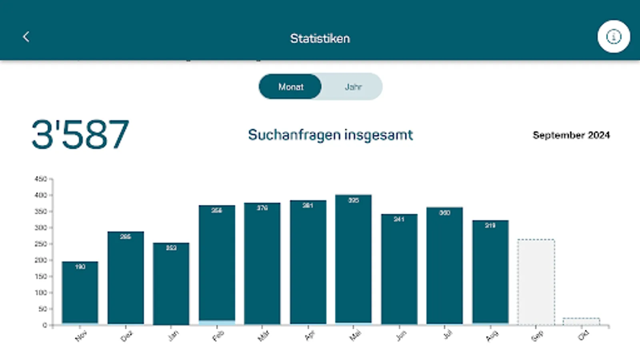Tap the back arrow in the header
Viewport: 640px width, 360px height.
coord(26,37)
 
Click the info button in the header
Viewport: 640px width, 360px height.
coord(614,37)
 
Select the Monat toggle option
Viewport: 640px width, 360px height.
coord(291,87)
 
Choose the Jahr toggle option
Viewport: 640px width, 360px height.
coord(353,87)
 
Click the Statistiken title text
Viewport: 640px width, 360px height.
coord(320,38)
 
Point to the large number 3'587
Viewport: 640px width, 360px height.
coord(80,135)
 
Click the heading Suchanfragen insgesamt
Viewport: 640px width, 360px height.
coord(330,135)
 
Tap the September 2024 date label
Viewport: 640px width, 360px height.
coord(571,135)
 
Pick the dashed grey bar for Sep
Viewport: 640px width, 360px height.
coord(536,282)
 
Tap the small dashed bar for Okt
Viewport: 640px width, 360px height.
coord(581,321)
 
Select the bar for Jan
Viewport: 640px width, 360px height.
coord(171,284)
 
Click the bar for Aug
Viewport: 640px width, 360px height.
coord(490,272)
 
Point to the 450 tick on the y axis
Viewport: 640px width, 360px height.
coord(41,179)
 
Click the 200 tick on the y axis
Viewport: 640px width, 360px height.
coord(41,260)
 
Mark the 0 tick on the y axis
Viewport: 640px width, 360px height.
coord(45,325)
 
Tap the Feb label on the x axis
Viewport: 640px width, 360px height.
coord(218,336)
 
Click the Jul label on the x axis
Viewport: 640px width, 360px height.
coord(448,334)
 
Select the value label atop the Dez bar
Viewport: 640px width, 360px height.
coord(126,237)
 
